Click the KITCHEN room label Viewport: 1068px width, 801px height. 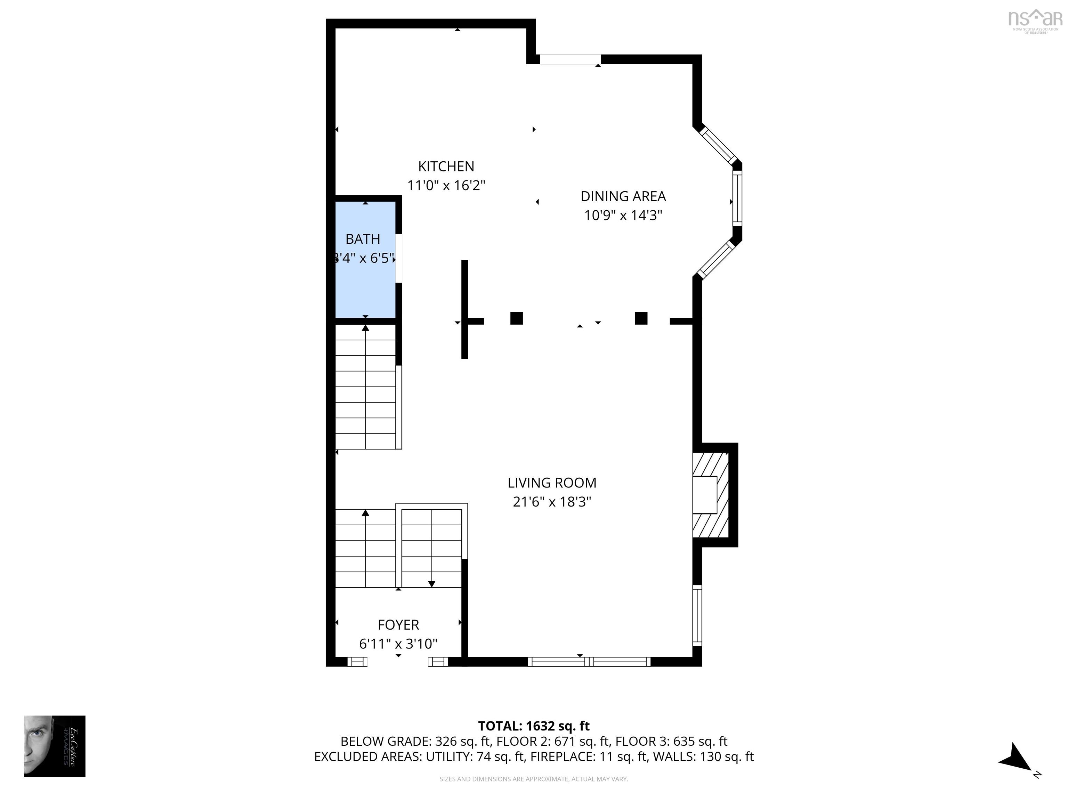[446, 167]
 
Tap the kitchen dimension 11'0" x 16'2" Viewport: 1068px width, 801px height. [446, 185]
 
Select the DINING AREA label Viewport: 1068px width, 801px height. [623, 196]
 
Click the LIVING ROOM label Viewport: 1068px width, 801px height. [552, 483]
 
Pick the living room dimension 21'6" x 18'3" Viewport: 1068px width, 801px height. [552, 502]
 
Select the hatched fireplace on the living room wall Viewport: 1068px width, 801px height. [710, 495]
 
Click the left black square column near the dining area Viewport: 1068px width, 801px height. [517, 318]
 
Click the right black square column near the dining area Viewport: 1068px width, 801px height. [641, 318]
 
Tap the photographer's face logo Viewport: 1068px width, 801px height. [55, 746]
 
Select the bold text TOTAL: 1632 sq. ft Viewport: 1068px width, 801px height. [534, 726]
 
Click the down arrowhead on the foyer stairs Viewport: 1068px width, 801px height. [432, 584]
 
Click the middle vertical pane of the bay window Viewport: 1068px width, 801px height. [737, 200]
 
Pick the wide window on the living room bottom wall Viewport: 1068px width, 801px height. [589, 662]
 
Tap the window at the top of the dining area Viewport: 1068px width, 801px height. [570, 59]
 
